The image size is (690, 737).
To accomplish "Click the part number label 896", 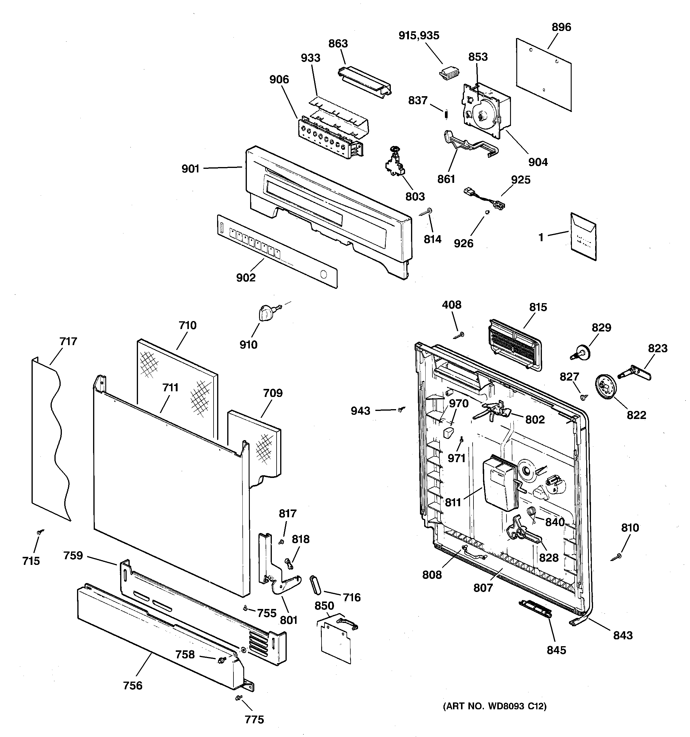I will (x=561, y=27).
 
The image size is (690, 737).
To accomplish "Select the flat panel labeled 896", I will (x=543, y=74).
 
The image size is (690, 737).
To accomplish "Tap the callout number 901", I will (x=190, y=169).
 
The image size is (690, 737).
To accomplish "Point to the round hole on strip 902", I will (x=323, y=275).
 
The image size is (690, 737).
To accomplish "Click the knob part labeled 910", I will (x=264, y=314).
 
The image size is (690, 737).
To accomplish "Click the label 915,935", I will (x=418, y=36).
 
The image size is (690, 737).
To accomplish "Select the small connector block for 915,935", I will (x=449, y=74).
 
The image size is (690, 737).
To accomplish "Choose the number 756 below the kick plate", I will (x=133, y=685).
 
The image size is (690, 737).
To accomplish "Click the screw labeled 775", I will (x=239, y=698).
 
